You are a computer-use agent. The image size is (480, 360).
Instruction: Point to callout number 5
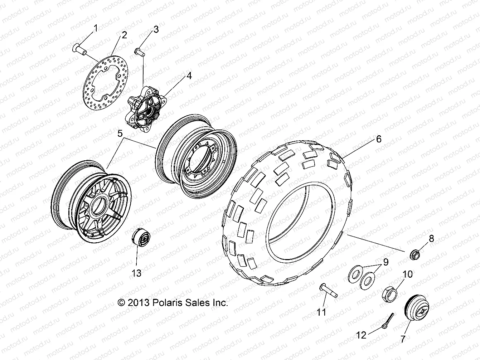point(120,133)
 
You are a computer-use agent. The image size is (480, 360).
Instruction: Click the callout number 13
point(136,273)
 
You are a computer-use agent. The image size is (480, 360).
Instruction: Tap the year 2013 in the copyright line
point(138,303)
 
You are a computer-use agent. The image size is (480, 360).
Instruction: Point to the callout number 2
point(124,35)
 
